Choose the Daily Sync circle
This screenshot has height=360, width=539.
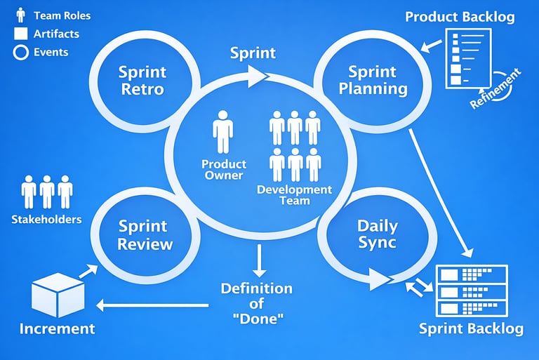click(377, 234)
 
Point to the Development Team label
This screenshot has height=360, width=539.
click(294, 194)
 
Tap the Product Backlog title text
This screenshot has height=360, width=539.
click(460, 16)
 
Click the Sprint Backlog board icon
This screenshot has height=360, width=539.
click(472, 290)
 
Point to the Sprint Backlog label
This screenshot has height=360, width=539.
click(471, 328)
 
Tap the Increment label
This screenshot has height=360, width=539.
click(57, 328)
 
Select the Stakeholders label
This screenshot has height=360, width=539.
click(46, 219)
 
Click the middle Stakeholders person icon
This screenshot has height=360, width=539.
click(47, 191)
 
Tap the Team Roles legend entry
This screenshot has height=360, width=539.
click(53, 15)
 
